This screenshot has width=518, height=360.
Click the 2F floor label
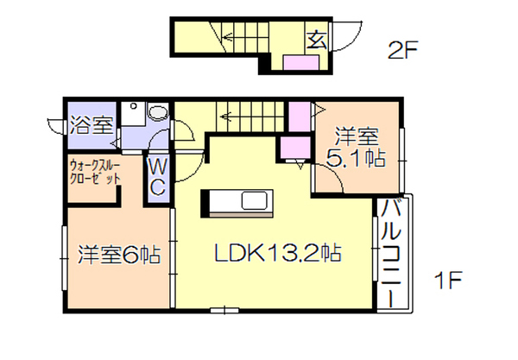coord(402,49)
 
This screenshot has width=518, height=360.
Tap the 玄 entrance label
coord(317,41)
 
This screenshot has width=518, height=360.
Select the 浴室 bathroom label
coord(92,125)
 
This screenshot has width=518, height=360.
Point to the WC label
coord(157,177)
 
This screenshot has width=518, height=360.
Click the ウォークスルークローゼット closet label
coord(95,172)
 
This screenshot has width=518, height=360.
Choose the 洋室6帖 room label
coord(119,255)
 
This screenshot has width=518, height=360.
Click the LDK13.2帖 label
coord(277,253)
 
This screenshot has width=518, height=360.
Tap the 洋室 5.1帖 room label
coord(356,148)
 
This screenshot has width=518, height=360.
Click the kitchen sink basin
coord(254,200)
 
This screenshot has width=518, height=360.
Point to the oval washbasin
coord(158,112)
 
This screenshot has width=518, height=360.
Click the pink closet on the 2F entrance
coord(301,63)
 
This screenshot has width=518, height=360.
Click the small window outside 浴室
coord(55,125)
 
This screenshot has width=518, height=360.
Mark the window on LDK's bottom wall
coord(224,310)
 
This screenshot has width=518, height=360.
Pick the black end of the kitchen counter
coord(205,203)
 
